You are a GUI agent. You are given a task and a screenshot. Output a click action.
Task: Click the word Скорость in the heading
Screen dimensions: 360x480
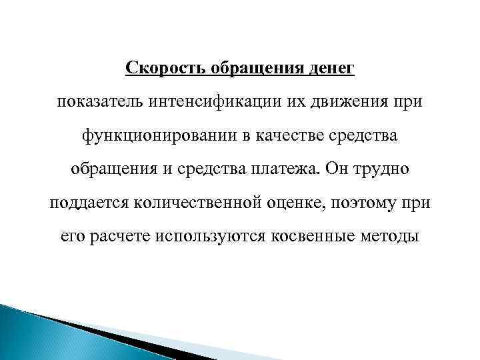pyautogui.click(x=157, y=69)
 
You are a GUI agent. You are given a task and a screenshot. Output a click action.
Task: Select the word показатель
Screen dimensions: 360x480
pyautogui.click(x=97, y=102)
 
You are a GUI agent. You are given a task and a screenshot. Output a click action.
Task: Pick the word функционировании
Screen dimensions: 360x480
pyautogui.click(x=160, y=136)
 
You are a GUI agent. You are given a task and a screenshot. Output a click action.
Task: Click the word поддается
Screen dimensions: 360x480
pyautogui.click(x=86, y=203)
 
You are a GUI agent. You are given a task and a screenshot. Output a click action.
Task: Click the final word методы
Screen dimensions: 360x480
pyautogui.click(x=391, y=236)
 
